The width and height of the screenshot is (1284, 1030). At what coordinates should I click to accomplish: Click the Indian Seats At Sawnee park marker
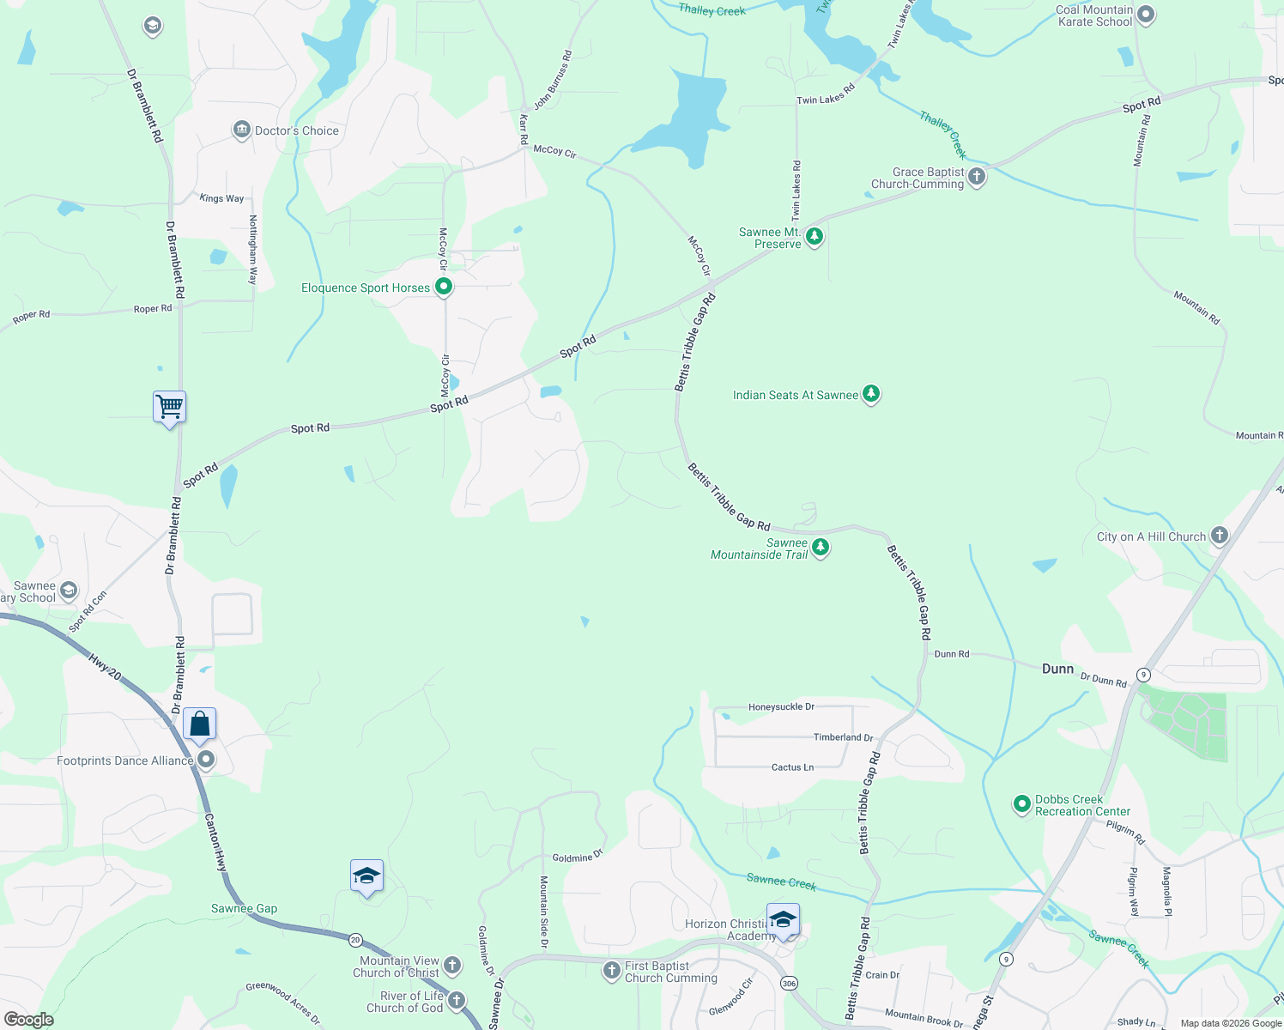click(x=871, y=394)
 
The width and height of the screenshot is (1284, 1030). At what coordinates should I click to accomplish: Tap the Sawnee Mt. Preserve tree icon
click(x=815, y=236)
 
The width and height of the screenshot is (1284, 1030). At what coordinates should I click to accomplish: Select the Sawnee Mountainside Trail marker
click(x=821, y=548)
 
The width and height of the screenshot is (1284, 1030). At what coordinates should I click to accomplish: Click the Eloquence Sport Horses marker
click(x=444, y=287)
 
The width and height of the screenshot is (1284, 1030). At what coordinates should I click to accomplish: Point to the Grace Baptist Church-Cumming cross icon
click(x=976, y=177)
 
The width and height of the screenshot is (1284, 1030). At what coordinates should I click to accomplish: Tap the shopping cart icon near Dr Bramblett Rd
click(x=170, y=406)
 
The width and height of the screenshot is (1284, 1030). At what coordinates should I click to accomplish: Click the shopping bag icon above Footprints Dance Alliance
click(x=199, y=724)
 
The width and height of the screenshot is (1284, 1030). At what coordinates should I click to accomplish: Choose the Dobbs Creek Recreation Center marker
click(x=1021, y=804)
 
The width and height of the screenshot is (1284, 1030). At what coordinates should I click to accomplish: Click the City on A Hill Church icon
click(x=1219, y=536)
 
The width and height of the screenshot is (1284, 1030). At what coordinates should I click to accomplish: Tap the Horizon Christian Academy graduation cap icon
click(x=783, y=919)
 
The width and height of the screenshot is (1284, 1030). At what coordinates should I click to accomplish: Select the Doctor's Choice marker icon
click(x=241, y=130)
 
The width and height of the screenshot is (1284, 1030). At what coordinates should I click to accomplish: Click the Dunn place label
click(x=1057, y=669)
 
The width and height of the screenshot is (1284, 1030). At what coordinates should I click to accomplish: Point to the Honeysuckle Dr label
click(x=781, y=707)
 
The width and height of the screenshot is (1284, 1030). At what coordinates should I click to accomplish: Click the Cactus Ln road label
click(x=792, y=767)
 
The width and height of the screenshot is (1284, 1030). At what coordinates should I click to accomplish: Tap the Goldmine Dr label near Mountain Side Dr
click(x=577, y=857)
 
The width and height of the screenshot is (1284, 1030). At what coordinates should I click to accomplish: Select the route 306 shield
click(x=789, y=983)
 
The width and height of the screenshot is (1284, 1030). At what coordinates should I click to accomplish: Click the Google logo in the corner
click(x=29, y=1019)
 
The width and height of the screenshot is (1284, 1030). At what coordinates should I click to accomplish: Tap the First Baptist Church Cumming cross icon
click(x=611, y=971)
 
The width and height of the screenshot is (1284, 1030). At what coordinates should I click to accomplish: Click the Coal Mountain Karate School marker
click(x=1146, y=15)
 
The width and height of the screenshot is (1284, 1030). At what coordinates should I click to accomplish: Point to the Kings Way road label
click(x=221, y=198)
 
